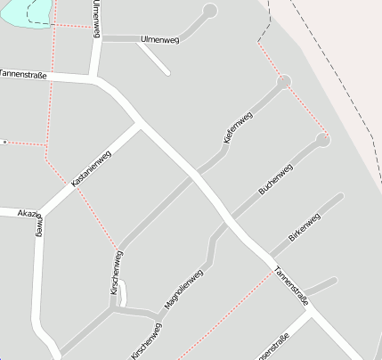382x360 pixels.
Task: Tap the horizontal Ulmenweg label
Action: pyautogui.click(x=160, y=40)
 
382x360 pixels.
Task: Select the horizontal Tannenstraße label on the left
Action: pyautogui.click(x=23, y=75)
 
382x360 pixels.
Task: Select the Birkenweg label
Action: pyautogui.click(x=305, y=227)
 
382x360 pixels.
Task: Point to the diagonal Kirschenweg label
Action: pyautogui.click(x=147, y=340)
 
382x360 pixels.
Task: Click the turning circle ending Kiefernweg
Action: pyautogui.click(x=284, y=82)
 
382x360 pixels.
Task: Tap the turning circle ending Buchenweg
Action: pyautogui.click(x=322, y=139)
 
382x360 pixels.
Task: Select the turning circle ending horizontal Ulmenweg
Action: pyautogui.click(x=210, y=12)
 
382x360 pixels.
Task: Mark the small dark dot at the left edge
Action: pyautogui.click(x=4, y=142)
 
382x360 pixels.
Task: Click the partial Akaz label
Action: pyautogui.click(x=29, y=214)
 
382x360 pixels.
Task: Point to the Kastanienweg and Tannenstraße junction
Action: pyautogui.click(x=140, y=126)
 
